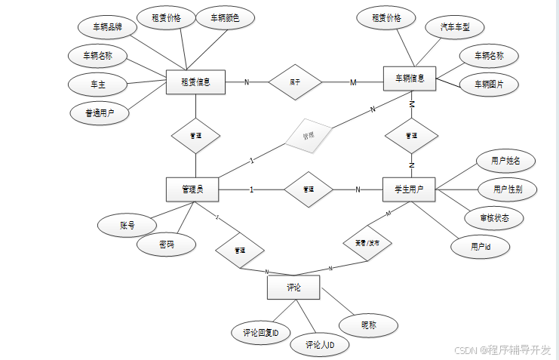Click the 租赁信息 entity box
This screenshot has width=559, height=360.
[195, 82]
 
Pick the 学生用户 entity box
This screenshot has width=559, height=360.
[409, 190]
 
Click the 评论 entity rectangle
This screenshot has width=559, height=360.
[293, 288]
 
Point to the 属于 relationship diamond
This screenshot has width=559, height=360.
[295, 82]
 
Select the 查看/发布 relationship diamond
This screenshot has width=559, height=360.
[367, 244]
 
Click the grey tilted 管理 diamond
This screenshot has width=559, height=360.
[308, 137]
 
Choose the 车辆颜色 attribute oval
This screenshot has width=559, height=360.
[225, 18]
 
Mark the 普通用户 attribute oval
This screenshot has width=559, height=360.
[99, 113]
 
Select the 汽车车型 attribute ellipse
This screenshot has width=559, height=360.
[455, 28]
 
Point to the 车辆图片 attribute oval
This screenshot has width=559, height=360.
[489, 85]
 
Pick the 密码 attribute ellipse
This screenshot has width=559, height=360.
[167, 245]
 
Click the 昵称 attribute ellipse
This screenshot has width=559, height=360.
[368, 325]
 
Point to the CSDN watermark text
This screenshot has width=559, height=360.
[502, 350]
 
